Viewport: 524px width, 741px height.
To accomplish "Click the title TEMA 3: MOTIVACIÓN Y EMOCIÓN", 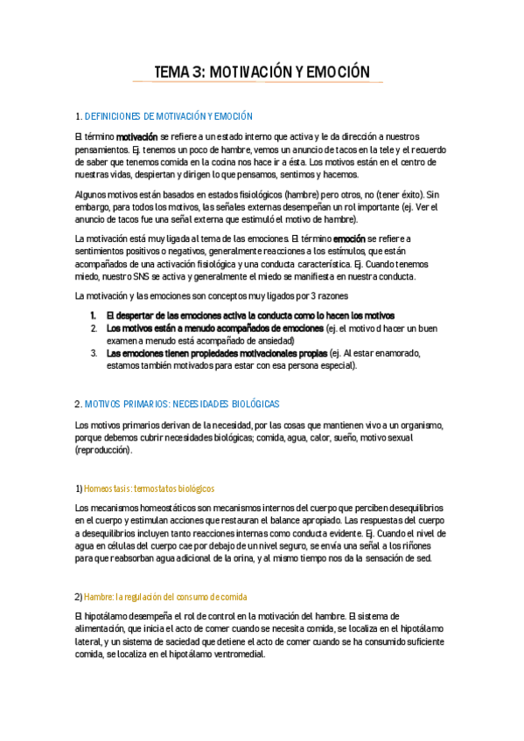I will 262,71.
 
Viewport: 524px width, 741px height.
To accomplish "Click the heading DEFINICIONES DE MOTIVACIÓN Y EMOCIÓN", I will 168,116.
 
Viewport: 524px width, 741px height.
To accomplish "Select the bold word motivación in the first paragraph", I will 137,137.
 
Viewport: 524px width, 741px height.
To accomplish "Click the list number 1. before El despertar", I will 94,315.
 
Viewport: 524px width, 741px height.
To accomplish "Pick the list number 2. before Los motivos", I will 94,328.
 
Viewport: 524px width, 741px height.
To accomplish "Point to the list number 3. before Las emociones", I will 94,353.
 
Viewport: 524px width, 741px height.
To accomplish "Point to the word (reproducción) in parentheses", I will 104,450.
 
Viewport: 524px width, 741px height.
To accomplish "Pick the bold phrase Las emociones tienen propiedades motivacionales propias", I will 212,353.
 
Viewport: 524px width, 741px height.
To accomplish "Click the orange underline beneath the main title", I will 258,82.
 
